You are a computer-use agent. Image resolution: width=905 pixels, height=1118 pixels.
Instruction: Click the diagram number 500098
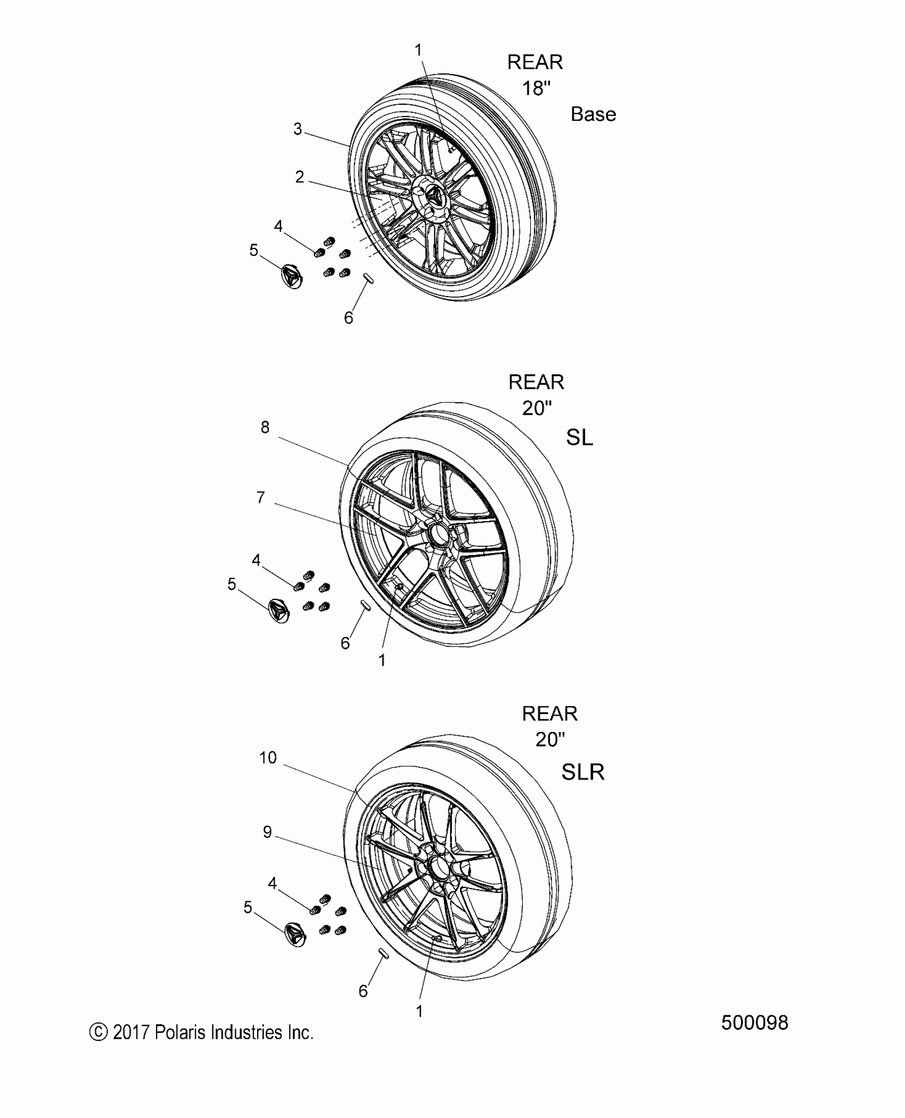pyautogui.click(x=754, y=1023)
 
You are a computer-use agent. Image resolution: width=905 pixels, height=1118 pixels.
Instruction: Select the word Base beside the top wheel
pyautogui.click(x=593, y=114)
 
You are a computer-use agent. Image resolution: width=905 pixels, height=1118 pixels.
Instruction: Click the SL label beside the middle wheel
pyautogui.click(x=579, y=438)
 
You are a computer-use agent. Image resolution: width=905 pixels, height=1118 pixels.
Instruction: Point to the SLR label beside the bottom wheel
pyautogui.click(x=583, y=771)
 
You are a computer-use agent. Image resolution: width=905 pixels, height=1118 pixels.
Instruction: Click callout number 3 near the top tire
pyautogui.click(x=298, y=129)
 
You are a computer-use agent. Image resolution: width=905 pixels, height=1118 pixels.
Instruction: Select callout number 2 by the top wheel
pyautogui.click(x=300, y=177)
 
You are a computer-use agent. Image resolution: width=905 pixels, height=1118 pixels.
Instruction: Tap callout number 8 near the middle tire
pyautogui.click(x=265, y=427)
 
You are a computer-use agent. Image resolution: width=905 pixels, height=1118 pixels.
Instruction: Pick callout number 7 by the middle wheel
pyautogui.click(x=260, y=497)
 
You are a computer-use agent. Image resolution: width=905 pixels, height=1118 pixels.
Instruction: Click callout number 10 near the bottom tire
pyautogui.click(x=268, y=758)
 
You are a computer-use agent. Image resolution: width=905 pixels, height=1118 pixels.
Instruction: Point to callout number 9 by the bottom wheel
pyautogui.click(x=267, y=832)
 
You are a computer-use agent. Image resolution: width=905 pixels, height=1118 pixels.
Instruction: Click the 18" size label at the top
pyautogui.click(x=536, y=88)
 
